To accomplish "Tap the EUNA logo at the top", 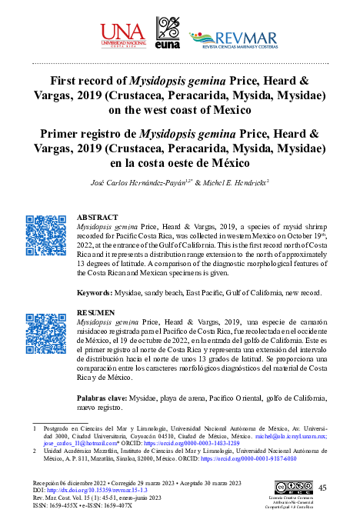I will [168, 35].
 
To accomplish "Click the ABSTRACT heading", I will [98, 218].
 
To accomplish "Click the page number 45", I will [322, 488].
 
